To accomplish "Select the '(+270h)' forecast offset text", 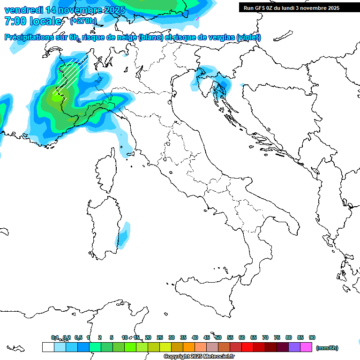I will tap(83, 21).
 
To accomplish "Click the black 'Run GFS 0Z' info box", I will tap(296, 7).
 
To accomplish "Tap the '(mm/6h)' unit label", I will tap(327, 348).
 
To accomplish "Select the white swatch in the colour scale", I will tap(48, 347).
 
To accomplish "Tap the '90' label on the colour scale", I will tap(312, 337).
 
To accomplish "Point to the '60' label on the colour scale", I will tap(242, 337).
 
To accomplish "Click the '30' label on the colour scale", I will tap(172, 337).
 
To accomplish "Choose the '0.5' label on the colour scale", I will tap(79, 337).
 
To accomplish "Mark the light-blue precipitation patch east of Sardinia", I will tap(123, 235).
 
